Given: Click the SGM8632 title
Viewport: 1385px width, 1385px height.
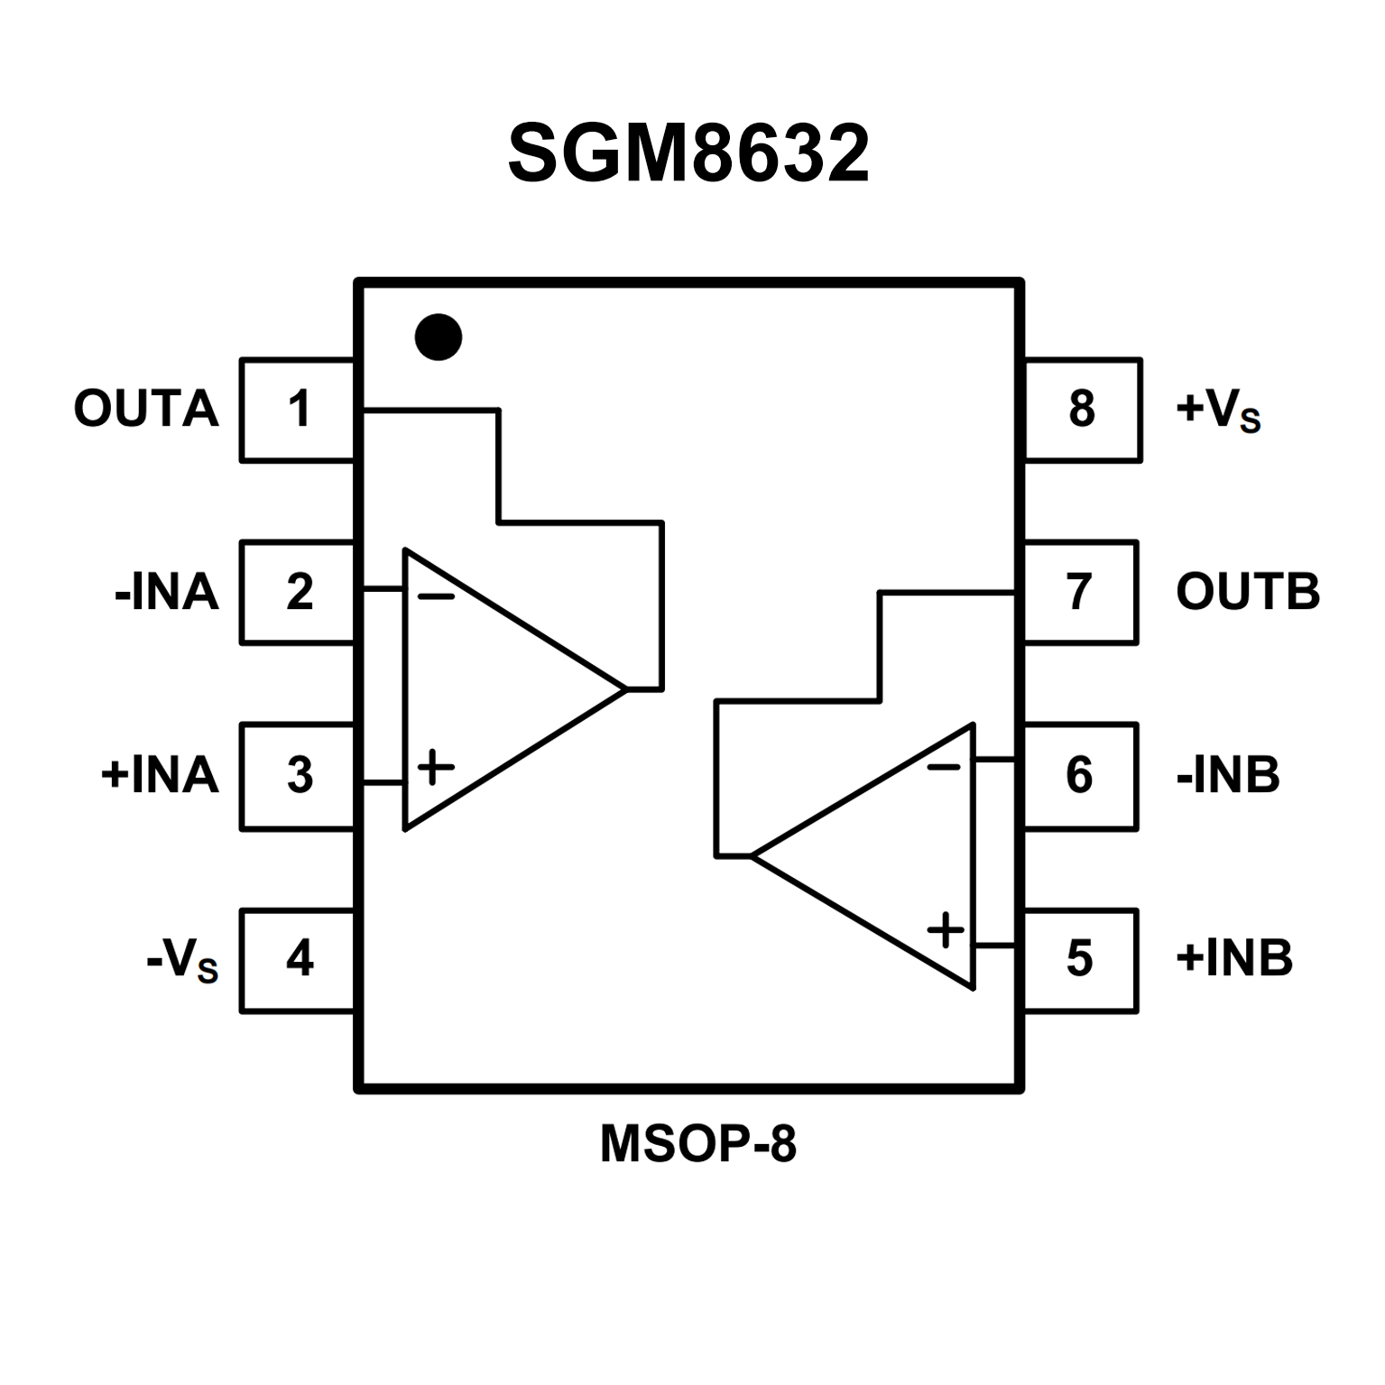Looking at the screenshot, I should (x=688, y=153).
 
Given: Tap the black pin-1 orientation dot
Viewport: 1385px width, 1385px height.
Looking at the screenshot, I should (x=439, y=337).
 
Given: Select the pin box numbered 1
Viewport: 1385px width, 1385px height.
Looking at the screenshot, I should (x=299, y=410).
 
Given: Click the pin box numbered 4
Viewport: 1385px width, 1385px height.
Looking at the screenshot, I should (x=299, y=959).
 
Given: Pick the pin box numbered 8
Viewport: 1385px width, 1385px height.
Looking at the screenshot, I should (x=1082, y=410).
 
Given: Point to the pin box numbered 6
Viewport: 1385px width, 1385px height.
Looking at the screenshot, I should (x=1080, y=775).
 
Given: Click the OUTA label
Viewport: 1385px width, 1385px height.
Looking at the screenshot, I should (x=146, y=410).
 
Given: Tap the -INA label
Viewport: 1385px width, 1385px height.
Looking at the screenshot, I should (x=167, y=593).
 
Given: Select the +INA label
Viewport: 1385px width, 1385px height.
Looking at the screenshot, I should (x=161, y=775).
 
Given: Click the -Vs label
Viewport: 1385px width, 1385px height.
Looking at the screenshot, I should (x=182, y=961).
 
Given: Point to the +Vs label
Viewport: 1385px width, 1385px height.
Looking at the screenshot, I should (x=1217, y=411).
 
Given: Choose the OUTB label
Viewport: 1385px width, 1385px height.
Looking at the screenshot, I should (x=1248, y=593).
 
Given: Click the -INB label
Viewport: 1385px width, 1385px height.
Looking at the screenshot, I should (x=1228, y=775).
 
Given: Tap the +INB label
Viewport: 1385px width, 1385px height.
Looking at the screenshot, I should (x=1234, y=958).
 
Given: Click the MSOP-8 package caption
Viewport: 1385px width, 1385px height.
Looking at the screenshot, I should (x=698, y=1144).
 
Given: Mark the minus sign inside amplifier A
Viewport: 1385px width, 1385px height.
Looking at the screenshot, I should (x=437, y=596).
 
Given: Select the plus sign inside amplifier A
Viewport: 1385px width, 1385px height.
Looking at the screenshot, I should (x=436, y=768).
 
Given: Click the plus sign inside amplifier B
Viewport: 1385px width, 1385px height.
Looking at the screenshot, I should (x=946, y=929).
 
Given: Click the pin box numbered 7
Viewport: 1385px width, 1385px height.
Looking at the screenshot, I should (x=1080, y=593).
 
